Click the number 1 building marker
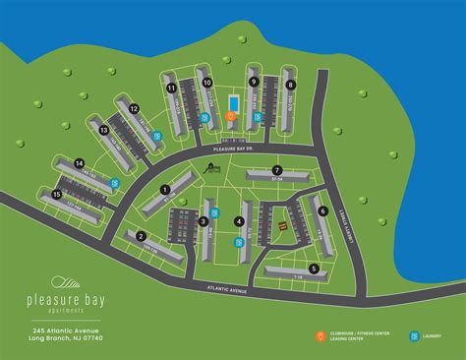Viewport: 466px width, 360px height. [x=165, y=190]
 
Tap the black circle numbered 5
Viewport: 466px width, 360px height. [x=314, y=268]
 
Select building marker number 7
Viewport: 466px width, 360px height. [x=277, y=170]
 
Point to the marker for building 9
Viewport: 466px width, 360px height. [x=254, y=83]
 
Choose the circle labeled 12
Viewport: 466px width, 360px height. [x=134, y=109]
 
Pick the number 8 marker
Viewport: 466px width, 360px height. [x=291, y=86]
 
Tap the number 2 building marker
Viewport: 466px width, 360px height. [x=143, y=236]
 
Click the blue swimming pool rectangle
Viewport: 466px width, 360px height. [x=232, y=102]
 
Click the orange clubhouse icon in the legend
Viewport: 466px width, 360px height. [x=320, y=336]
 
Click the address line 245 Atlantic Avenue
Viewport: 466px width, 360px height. [x=66, y=330]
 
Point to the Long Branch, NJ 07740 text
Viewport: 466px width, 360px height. [x=66, y=338]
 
